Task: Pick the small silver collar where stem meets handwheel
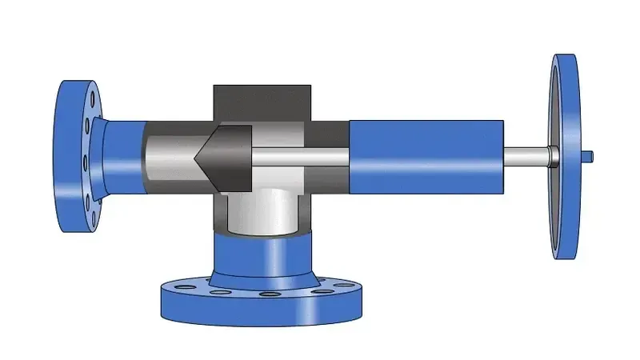[x=553, y=154]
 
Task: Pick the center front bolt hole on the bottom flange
[x=264, y=298]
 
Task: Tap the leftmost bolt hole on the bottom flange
[x=174, y=286]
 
